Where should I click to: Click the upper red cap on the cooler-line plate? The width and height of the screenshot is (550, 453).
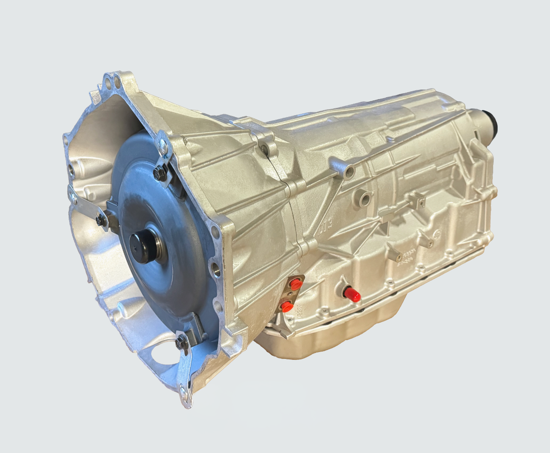click(295, 285)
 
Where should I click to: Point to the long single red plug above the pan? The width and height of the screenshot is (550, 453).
click(352, 294)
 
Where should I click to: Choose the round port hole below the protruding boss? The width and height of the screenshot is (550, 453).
click(365, 200)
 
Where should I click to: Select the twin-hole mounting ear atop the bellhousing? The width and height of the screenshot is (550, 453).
click(111, 83)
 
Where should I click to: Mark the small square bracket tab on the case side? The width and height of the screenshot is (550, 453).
click(417, 198)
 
